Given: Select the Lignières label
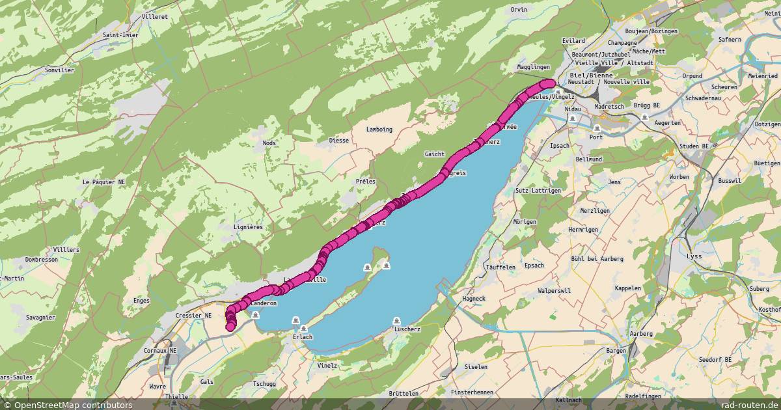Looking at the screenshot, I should click(247, 227).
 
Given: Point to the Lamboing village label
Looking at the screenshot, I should click(379, 130).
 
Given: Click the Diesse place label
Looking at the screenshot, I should click(338, 141).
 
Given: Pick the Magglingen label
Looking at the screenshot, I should click(533, 67).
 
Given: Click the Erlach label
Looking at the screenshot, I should click(303, 337).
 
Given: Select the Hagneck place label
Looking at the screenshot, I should click(473, 299).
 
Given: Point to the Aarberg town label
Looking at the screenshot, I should click(641, 334).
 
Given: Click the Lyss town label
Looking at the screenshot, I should click(695, 256).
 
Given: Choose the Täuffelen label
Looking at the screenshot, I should click(500, 267).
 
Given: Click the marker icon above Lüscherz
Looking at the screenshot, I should click(397, 321).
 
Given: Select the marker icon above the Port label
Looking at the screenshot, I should click(596, 128).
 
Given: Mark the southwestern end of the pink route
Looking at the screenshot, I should click(230, 326).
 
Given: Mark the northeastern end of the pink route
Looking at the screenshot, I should click(551, 83).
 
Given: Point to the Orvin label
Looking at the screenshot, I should click(519, 10).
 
